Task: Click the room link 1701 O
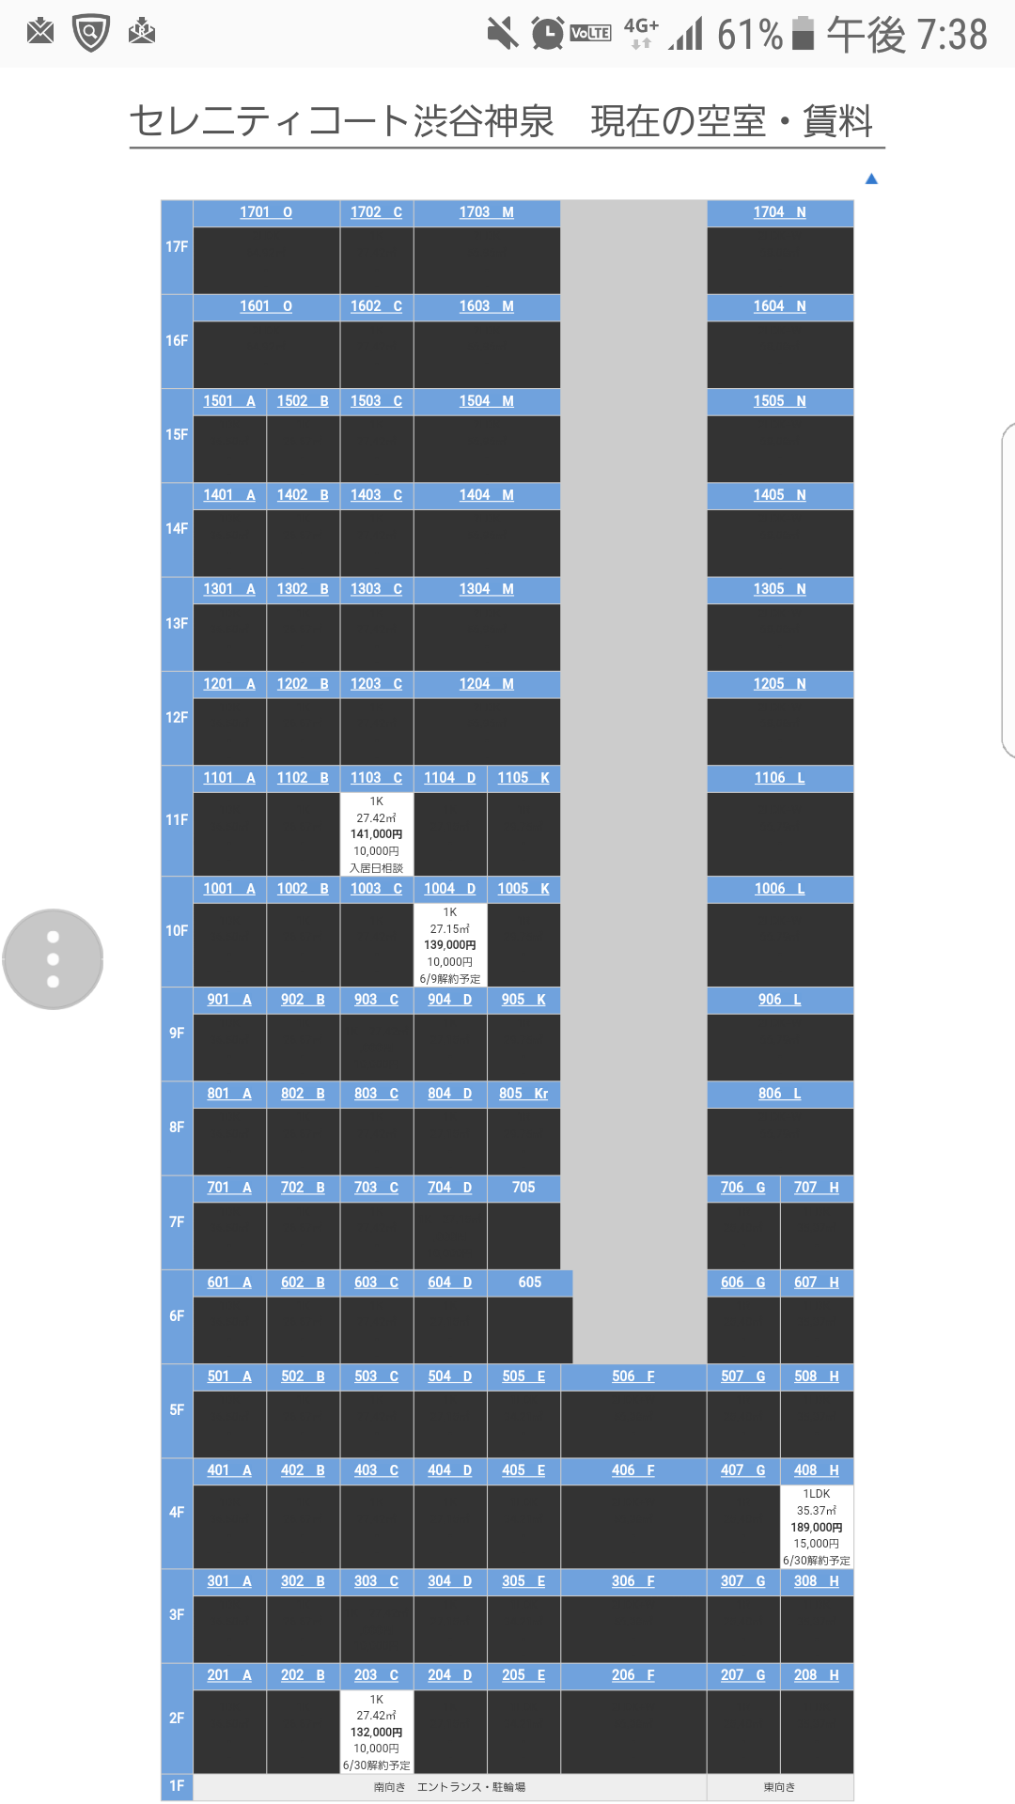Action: [266, 212]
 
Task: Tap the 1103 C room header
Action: [376, 778]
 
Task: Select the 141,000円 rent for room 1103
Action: [376, 834]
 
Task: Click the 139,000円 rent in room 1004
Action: [450, 945]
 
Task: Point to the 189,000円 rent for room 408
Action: [817, 1528]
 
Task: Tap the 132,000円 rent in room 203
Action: [376, 1733]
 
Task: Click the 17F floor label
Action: [177, 247]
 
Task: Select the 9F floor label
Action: [177, 1034]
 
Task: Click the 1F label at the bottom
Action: [177, 1786]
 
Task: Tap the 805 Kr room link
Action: [523, 1094]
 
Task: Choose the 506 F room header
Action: [633, 1376]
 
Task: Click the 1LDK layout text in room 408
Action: [817, 1494]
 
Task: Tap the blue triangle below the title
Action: [871, 179]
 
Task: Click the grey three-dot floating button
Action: [53, 959]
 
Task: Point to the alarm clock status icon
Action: [547, 34]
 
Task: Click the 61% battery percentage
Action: [749, 35]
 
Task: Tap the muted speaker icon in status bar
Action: [503, 34]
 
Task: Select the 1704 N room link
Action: [780, 212]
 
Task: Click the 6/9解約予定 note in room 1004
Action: [450, 979]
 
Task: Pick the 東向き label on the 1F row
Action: [779, 1787]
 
